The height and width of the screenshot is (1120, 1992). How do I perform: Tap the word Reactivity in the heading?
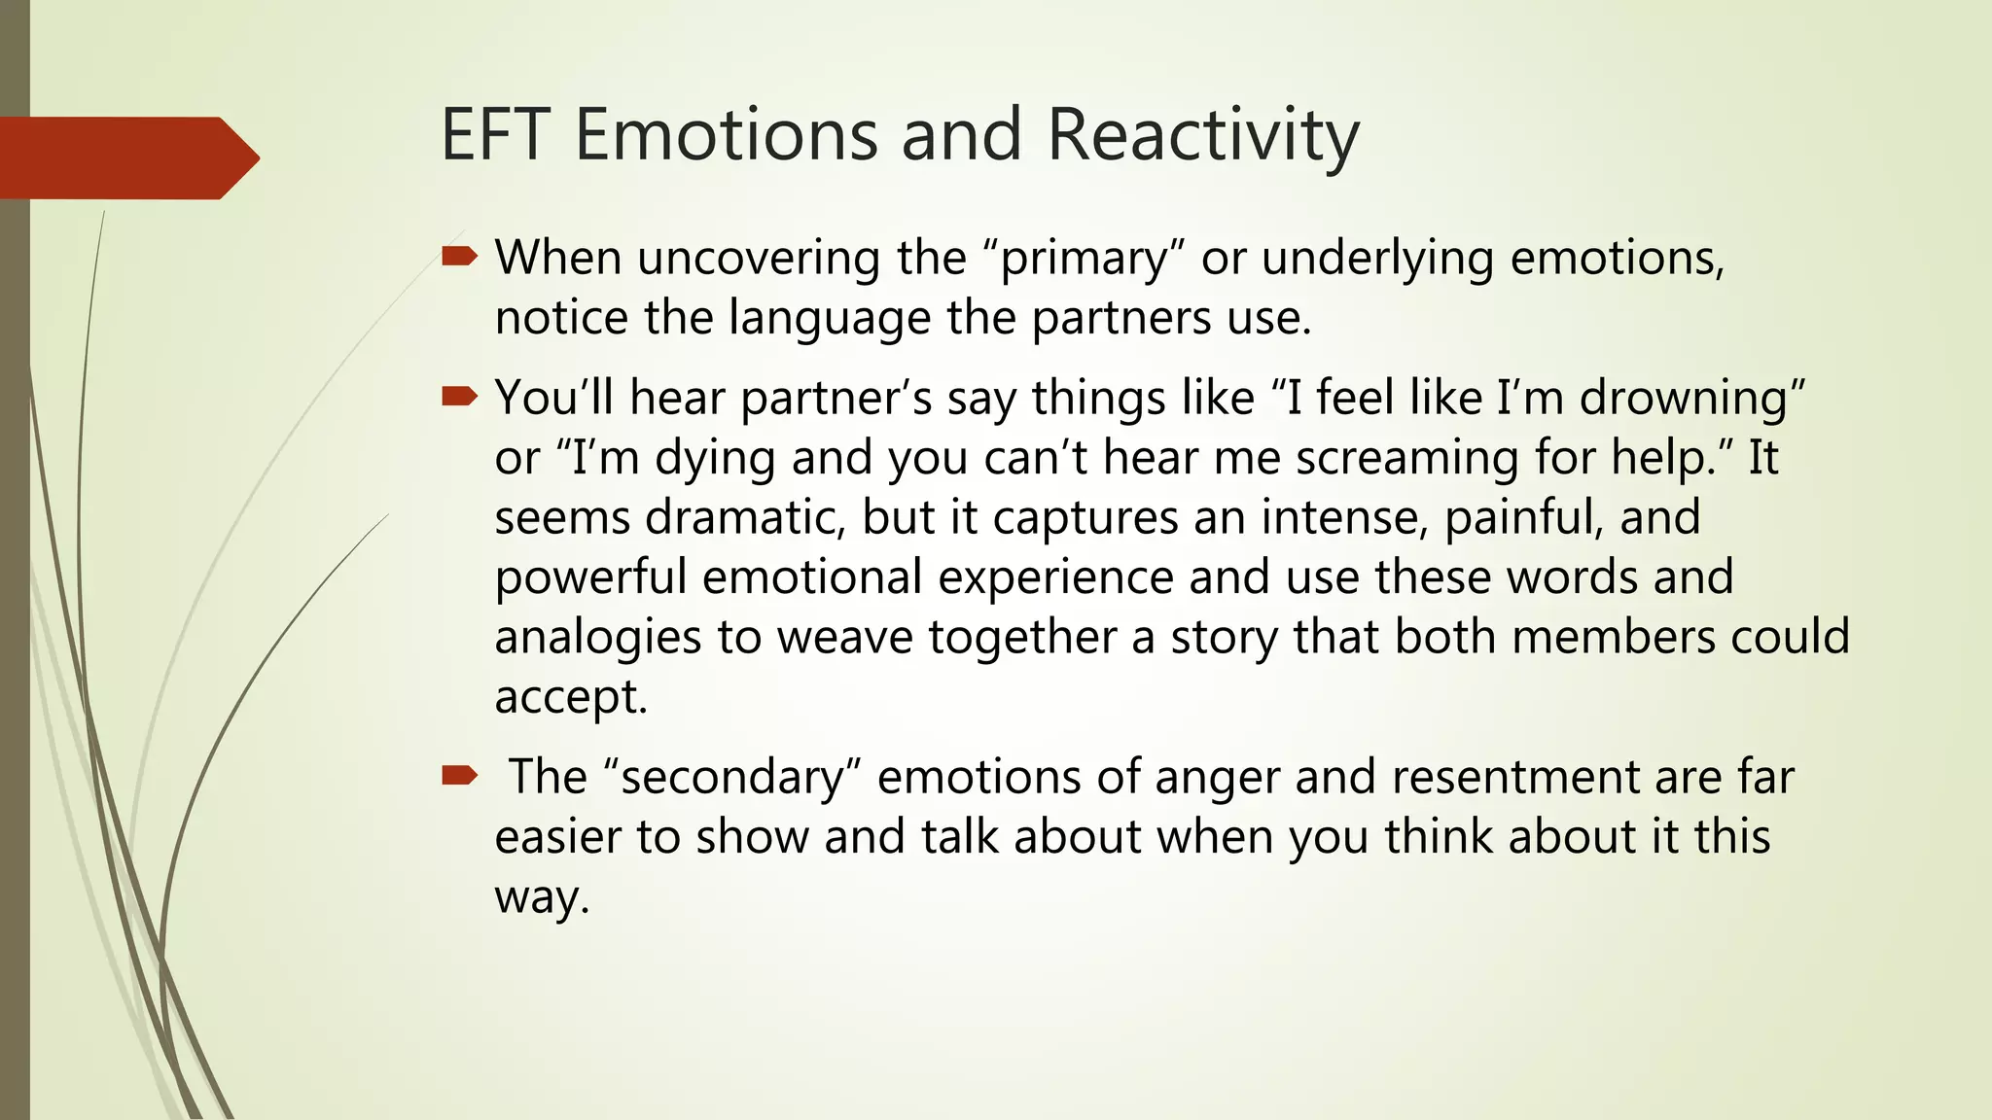point(1202,136)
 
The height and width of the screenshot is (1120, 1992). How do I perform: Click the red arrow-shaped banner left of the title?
point(126,157)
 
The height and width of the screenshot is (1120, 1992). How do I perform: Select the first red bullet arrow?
point(459,257)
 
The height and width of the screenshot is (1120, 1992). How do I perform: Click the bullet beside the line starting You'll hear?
point(459,396)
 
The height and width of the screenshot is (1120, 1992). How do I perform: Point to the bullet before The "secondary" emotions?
point(459,775)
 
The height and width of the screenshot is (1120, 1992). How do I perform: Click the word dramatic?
point(745,517)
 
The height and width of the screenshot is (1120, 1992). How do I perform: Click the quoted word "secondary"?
point(733,778)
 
